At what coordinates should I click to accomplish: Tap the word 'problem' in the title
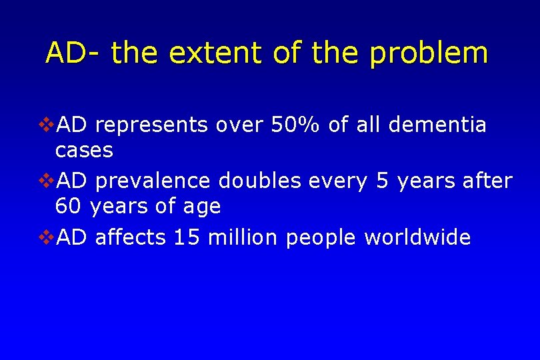tap(429, 53)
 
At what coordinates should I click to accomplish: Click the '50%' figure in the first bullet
tap(297, 125)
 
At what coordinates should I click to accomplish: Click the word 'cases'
tap(84, 151)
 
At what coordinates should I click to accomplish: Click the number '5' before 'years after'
tap(383, 181)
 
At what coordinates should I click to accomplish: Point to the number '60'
tap(68, 207)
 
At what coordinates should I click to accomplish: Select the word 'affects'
tap(131, 237)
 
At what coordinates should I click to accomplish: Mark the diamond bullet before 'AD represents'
tap(47, 125)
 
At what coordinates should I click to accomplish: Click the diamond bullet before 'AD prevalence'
tap(47, 181)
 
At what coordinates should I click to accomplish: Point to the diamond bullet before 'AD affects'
tap(47, 237)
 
